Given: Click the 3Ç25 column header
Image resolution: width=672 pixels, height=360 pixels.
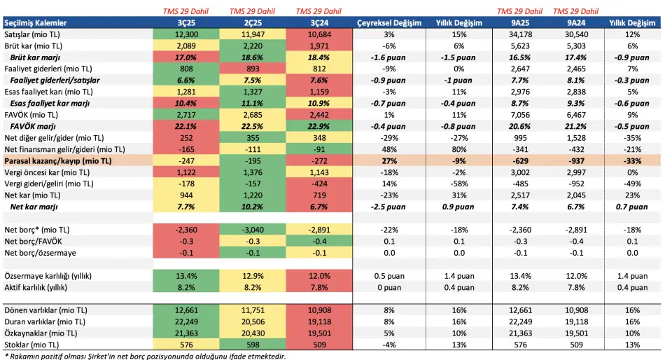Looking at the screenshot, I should click(x=185, y=23).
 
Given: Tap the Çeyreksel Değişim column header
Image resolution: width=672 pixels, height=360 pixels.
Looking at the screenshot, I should click(x=389, y=23).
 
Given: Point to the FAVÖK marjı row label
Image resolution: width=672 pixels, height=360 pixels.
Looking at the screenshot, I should click(x=34, y=126).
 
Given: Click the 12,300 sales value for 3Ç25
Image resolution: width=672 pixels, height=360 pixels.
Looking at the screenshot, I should click(x=185, y=34).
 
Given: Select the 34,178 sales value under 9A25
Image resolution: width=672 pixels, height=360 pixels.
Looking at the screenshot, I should click(x=519, y=34).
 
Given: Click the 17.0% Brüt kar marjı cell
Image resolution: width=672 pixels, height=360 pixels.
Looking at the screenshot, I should click(x=185, y=57).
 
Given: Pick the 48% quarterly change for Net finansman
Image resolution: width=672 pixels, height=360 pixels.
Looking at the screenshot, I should click(x=389, y=149).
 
